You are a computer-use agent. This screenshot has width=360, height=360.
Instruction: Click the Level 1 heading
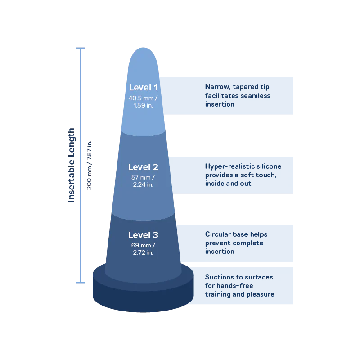click(143, 87)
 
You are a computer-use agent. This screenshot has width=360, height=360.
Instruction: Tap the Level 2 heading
click(143, 167)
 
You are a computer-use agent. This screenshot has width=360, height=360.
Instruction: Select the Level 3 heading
click(143, 235)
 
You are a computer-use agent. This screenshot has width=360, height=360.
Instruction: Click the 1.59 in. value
click(143, 105)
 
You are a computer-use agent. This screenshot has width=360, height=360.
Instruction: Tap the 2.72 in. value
click(143, 252)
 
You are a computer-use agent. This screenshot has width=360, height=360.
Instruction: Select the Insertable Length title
click(71, 165)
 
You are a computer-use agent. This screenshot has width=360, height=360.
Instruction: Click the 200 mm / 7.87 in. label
click(89, 165)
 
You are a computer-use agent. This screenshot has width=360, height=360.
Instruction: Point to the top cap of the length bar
click(81, 48)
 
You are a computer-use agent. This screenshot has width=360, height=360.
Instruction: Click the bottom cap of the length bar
click(81, 283)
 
